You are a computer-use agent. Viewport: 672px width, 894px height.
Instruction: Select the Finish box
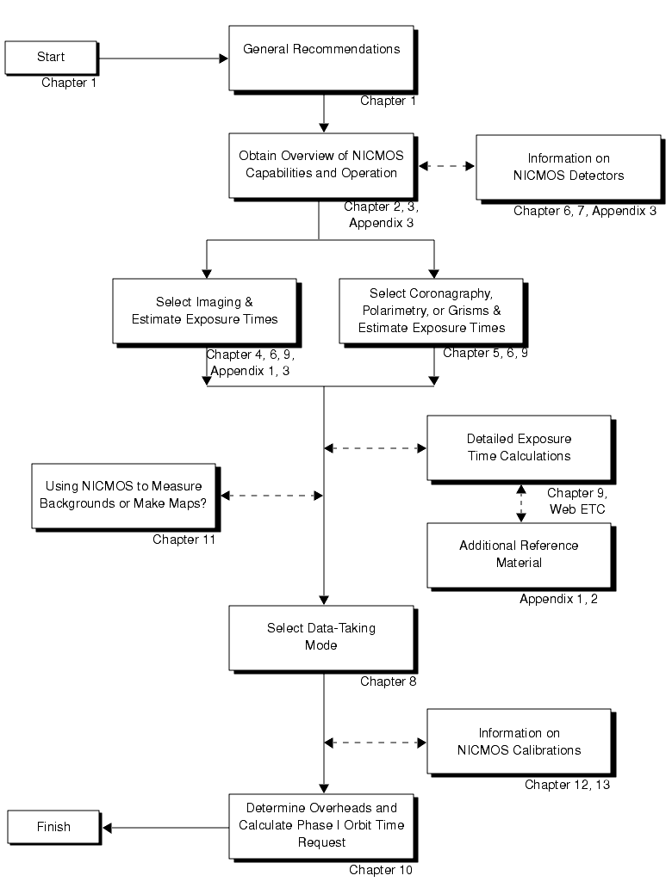coord(53,828)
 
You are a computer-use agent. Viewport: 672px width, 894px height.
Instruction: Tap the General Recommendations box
coord(321,57)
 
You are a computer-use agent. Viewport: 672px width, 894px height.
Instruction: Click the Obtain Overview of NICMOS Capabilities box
coord(321,165)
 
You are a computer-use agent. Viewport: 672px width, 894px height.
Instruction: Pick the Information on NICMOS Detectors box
coord(568,167)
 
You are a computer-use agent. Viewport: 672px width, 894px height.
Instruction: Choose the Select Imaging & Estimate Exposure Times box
coord(204,311)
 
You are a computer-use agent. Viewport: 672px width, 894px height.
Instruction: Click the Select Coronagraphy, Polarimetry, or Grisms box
coord(431,311)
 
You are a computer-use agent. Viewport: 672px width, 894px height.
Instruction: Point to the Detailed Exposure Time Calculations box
coord(519,447)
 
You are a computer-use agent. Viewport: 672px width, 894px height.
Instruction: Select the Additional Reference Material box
coord(519,554)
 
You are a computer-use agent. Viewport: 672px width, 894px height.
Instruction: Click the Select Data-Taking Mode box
coord(321,637)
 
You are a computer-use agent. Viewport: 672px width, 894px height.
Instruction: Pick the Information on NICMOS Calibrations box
coord(519,741)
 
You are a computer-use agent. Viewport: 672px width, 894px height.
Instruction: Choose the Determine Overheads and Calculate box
coord(321,825)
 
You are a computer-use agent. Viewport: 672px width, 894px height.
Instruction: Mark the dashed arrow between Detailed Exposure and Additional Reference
coord(520,502)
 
